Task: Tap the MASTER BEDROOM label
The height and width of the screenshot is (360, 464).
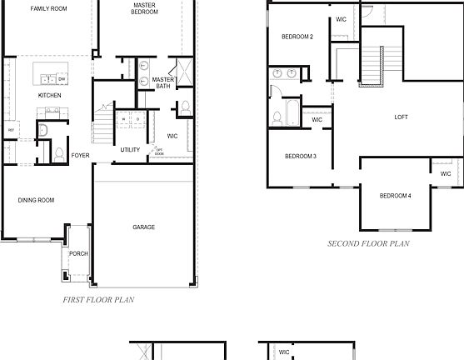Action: click(x=144, y=8)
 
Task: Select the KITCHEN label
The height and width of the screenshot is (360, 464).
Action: click(x=50, y=95)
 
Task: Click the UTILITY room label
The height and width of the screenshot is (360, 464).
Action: click(x=130, y=150)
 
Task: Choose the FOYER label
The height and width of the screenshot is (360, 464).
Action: click(x=80, y=155)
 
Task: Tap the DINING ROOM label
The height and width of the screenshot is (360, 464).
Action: click(x=37, y=200)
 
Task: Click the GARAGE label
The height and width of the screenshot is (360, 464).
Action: click(x=143, y=227)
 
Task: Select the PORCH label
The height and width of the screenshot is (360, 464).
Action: click(x=78, y=253)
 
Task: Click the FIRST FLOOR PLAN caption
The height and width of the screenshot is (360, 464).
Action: click(x=98, y=299)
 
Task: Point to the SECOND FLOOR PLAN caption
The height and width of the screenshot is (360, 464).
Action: click(x=368, y=244)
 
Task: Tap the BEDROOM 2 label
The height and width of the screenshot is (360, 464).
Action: click(x=297, y=37)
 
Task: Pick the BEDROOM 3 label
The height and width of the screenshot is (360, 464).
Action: click(x=300, y=156)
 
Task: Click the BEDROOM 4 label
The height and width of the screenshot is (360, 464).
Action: click(x=395, y=196)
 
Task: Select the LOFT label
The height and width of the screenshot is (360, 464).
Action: click(x=401, y=117)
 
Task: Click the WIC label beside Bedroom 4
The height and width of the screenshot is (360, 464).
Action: click(x=445, y=173)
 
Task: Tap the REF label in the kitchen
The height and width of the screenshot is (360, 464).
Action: click(x=11, y=131)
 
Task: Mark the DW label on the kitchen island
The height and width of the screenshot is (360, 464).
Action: click(x=62, y=78)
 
